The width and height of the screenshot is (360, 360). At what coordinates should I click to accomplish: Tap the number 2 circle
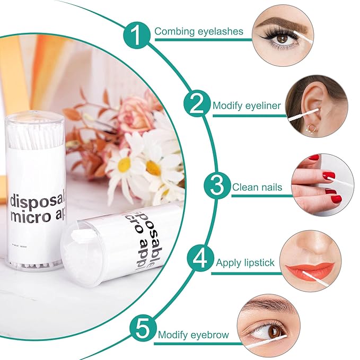197,104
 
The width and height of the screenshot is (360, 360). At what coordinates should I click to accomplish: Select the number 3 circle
217,186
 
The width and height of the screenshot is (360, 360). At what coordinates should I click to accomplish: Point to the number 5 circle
142,330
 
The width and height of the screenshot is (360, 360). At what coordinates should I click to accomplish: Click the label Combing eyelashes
199,31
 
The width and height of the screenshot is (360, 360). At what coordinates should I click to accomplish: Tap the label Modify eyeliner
247,106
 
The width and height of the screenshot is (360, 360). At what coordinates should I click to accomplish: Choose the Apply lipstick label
245,262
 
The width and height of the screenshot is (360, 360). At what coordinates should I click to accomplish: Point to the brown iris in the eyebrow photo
275,331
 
